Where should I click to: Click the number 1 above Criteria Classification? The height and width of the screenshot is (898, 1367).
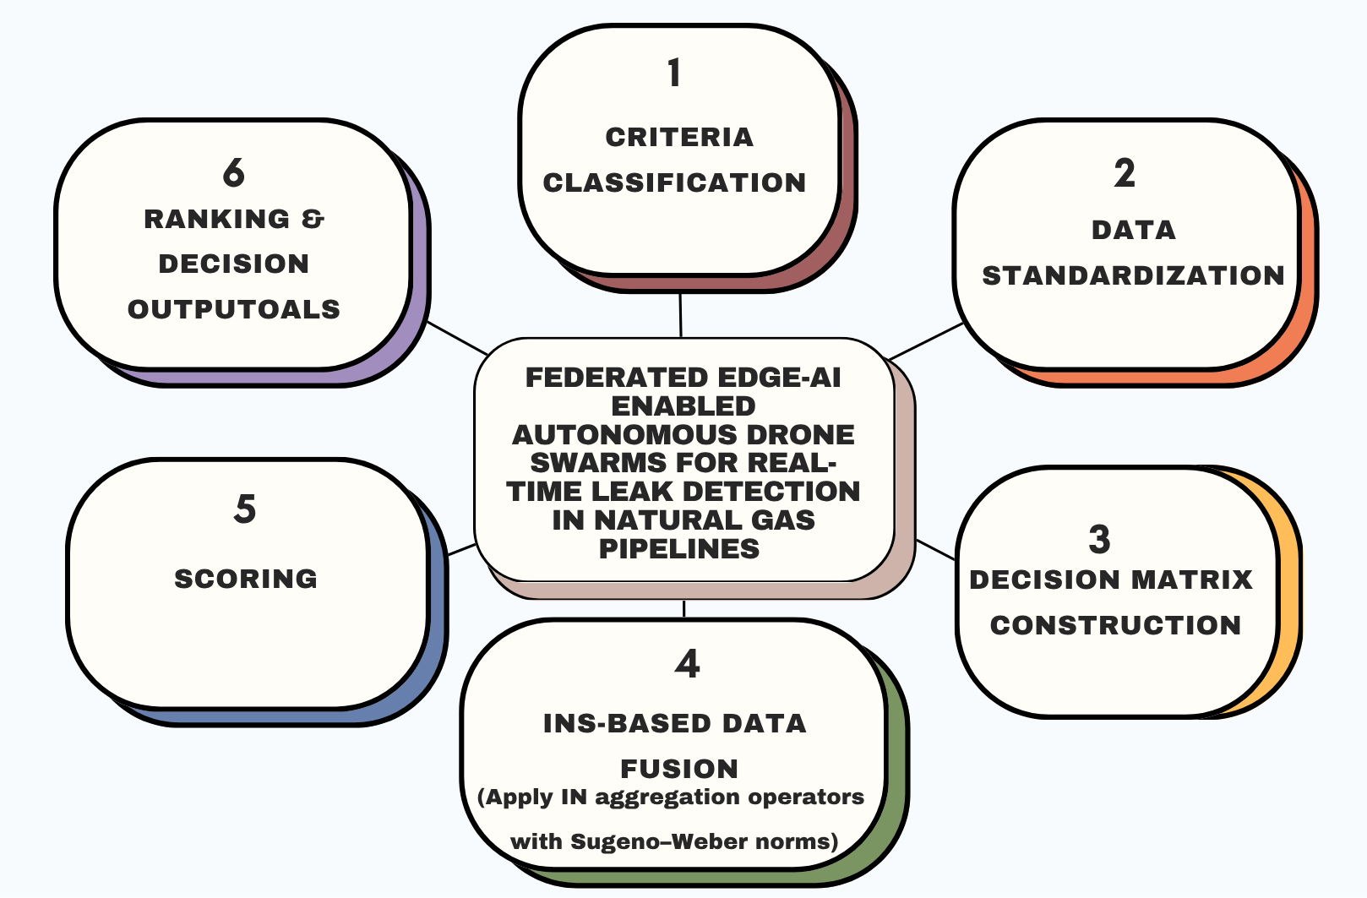click(x=673, y=73)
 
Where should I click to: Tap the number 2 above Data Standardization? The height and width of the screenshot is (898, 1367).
click(x=1124, y=174)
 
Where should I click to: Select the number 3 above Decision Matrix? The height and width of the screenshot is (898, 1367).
click(x=1099, y=540)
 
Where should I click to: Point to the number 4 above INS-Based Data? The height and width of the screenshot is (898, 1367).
click(x=687, y=665)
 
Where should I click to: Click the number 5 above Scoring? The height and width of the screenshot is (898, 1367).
click(x=245, y=509)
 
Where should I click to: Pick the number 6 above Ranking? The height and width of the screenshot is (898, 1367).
click(x=234, y=173)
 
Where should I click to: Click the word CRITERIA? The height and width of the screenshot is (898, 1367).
click(x=679, y=137)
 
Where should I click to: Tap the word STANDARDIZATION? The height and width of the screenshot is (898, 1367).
click(x=1133, y=275)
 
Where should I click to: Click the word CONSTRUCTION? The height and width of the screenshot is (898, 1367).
click(x=1115, y=625)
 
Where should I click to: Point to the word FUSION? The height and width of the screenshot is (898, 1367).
click(x=679, y=769)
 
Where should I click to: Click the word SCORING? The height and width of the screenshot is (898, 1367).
click(x=246, y=579)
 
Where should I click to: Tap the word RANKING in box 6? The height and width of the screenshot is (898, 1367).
click(x=217, y=219)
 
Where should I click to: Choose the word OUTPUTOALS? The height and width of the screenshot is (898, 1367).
click(x=234, y=309)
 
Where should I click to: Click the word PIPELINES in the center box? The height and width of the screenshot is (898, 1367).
click(x=679, y=549)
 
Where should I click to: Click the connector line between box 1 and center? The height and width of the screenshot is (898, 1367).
click(x=680, y=315)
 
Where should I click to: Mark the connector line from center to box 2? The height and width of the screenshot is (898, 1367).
click(x=926, y=340)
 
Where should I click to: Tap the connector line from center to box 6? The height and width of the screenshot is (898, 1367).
click(x=457, y=337)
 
